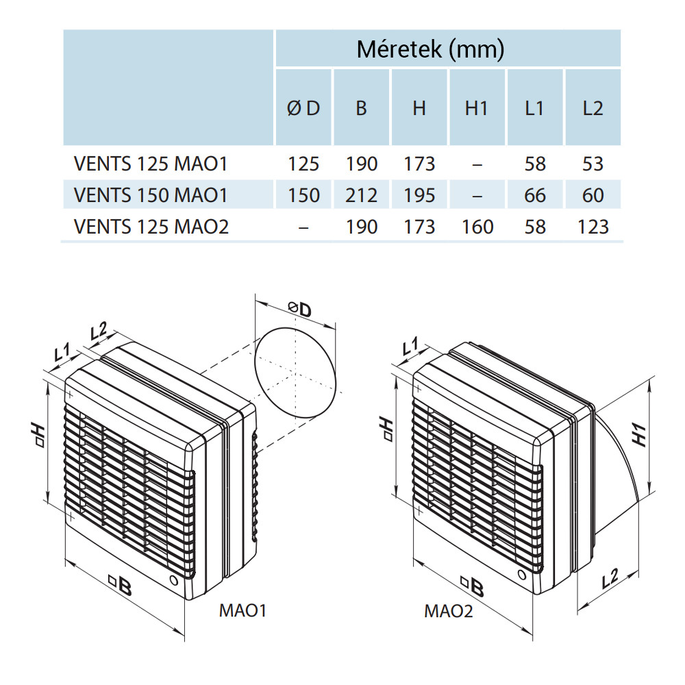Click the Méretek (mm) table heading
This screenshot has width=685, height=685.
430,49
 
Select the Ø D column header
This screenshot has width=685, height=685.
303,108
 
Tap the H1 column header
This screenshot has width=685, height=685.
477,108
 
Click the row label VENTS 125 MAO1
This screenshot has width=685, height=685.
150,164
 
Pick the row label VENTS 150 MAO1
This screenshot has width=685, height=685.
150,195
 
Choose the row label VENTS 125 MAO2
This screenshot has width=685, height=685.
151,226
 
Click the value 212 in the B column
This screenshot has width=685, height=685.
362,195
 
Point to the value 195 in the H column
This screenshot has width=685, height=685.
419,195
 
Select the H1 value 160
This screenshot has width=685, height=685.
477,226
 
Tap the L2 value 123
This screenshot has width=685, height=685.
592,226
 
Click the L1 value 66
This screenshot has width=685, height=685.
534,195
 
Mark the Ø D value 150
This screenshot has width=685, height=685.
303,195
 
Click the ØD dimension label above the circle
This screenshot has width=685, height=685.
299,310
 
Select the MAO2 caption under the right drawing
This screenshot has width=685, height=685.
449,610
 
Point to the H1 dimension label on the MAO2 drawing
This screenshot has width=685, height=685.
638,434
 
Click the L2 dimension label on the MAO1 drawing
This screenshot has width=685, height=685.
99,332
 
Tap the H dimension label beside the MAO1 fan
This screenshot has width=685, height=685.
39,434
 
